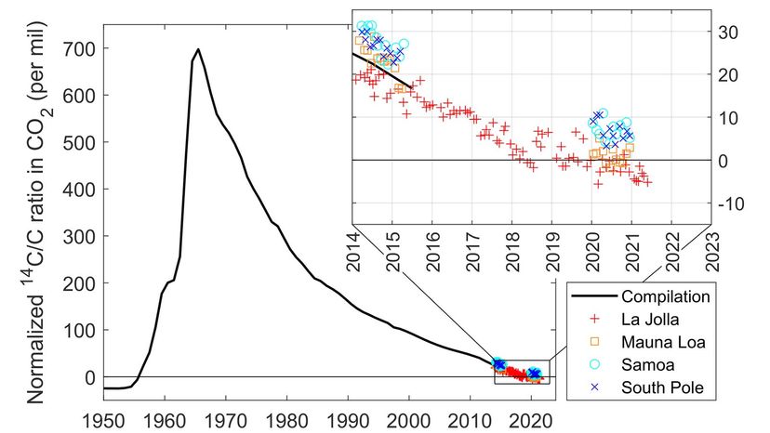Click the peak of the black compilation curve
click(198, 50)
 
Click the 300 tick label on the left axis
click(77, 236)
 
